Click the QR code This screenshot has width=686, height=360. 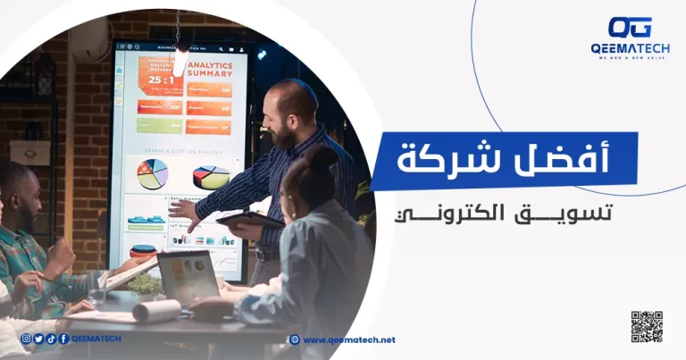tap(647, 326)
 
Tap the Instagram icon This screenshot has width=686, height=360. tap(26, 339)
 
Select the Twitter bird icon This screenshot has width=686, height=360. tap(38, 339)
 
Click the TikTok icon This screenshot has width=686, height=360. tap(51, 339)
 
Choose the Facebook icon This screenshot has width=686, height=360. tap(63, 339)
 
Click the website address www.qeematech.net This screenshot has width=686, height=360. tap(348, 339)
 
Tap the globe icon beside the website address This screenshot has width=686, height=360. tap(295, 339)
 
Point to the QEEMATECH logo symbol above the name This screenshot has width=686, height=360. tap(630, 28)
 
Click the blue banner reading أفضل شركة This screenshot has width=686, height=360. tap(505, 161)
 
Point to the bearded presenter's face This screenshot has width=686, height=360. tap(289, 116)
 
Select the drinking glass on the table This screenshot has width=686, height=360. tap(97, 288)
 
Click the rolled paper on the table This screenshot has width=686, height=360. tap(156, 310)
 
